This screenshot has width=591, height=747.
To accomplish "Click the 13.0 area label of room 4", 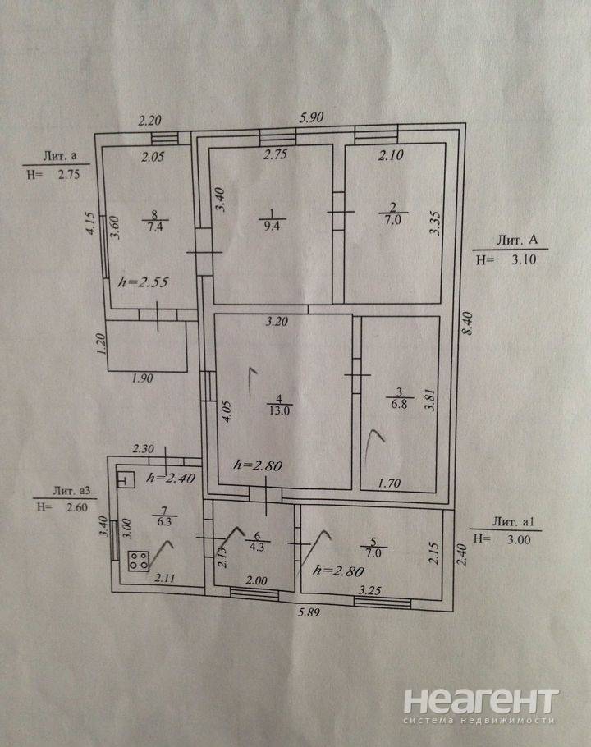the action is (280, 410).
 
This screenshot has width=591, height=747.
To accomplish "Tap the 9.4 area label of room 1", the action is (272, 226).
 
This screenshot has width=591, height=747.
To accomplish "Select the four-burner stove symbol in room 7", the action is (138, 561).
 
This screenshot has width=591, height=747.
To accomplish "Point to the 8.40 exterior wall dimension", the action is (467, 323).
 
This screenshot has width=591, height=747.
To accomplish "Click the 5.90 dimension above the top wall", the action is (311, 117).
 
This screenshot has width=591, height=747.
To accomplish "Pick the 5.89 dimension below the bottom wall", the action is (309, 612).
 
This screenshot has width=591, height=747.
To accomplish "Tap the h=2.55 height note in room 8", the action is (143, 282).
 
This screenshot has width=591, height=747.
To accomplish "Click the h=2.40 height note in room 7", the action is (171, 478).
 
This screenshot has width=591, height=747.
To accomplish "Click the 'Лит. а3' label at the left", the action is (71, 491).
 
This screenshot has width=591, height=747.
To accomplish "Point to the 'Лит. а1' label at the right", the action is (513, 521).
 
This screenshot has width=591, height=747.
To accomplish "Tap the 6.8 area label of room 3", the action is (399, 405).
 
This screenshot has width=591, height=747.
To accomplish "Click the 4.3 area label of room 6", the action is (257, 547).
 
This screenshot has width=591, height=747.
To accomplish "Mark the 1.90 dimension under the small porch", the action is (142, 378).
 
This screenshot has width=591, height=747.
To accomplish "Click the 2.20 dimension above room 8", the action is (149, 121).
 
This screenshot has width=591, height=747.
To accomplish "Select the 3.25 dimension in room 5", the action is (369, 591).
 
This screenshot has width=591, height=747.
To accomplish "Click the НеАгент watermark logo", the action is (480, 707).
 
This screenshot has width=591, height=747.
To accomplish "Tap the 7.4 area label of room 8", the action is (155, 227).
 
